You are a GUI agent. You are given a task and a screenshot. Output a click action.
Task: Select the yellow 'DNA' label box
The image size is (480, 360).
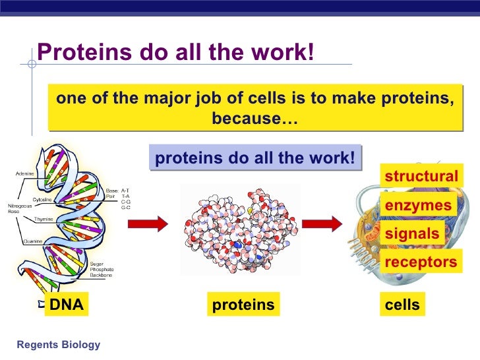67,305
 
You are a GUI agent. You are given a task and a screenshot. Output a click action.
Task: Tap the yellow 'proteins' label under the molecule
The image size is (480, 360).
243,305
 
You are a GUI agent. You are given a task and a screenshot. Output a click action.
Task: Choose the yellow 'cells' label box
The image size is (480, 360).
402,305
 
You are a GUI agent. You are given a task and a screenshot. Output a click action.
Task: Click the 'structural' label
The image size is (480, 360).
421,177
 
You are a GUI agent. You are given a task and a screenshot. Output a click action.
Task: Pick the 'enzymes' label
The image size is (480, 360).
418,206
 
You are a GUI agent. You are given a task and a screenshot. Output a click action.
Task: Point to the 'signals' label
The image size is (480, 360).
411,234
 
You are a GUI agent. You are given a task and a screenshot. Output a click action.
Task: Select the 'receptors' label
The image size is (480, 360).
421,262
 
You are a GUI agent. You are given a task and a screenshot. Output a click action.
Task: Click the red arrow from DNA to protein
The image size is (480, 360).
148,224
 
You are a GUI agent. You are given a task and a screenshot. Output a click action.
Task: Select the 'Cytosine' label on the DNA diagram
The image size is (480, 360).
44,199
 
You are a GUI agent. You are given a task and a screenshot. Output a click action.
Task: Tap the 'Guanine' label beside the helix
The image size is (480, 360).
34,241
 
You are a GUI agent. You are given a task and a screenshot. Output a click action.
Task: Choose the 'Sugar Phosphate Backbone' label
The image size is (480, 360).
102,269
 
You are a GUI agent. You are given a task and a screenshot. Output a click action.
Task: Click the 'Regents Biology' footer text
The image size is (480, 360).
59,345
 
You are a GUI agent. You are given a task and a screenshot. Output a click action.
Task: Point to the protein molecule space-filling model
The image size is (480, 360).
240,227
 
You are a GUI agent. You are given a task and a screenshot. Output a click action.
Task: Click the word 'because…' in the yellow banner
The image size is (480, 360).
255,120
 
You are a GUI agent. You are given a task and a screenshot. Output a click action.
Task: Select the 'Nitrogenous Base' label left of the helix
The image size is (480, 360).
18,208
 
